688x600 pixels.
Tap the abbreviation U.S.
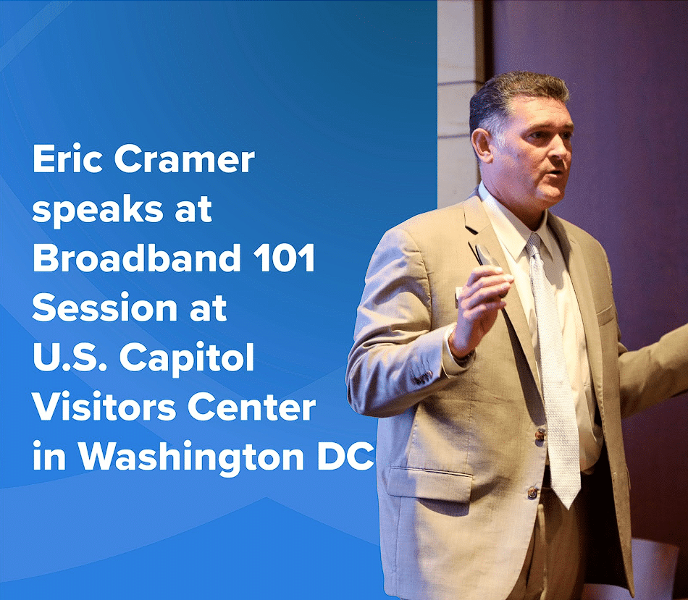click(x=70, y=357)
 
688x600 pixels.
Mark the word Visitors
click(x=104, y=407)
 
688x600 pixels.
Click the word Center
click(x=251, y=407)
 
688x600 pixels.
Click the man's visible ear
click(x=482, y=145)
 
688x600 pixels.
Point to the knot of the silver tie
click(x=535, y=245)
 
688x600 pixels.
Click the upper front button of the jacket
click(x=540, y=434)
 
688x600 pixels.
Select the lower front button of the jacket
click(x=533, y=493)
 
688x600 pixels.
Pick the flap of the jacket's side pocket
click(x=429, y=484)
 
